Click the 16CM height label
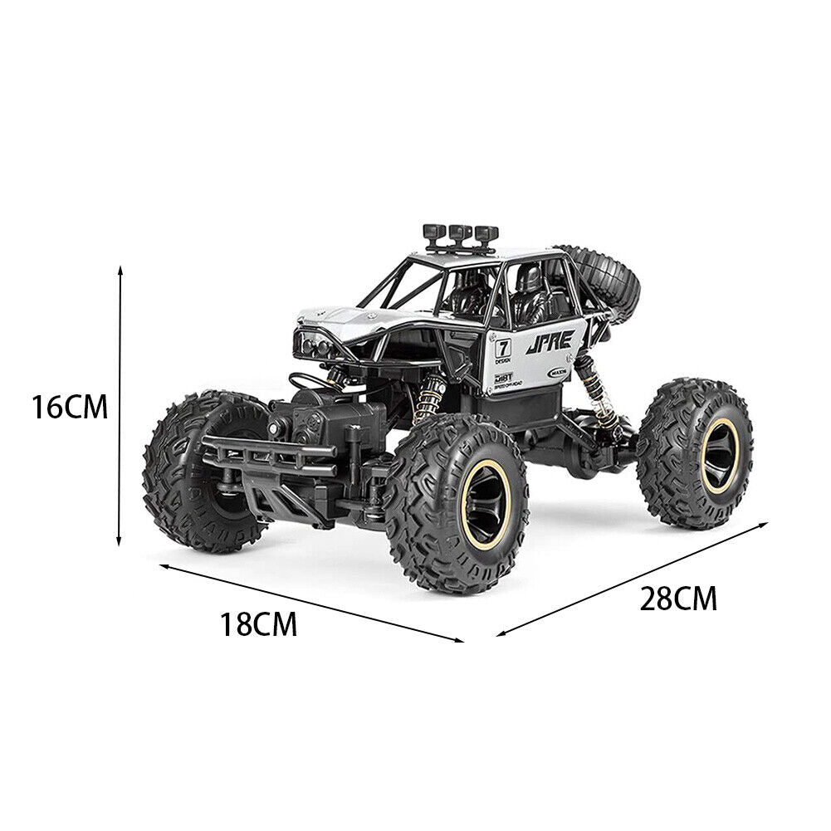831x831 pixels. pos(70,408)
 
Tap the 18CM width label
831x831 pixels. pos(258,624)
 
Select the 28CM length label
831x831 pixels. pos(677,598)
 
